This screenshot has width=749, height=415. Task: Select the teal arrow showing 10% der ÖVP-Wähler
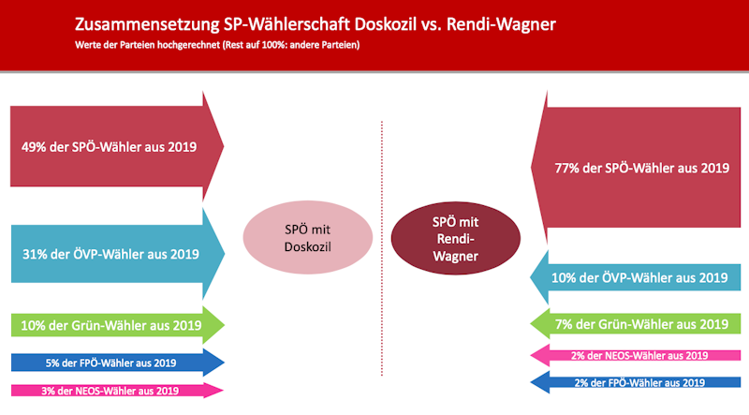(637, 277)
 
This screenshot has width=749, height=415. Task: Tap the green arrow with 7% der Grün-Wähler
(637, 325)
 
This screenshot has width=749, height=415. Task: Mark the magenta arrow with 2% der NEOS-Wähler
(637, 355)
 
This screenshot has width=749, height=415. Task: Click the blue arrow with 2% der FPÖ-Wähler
(637, 382)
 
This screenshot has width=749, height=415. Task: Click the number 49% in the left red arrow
(36, 145)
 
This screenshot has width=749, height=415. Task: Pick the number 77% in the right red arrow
(569, 169)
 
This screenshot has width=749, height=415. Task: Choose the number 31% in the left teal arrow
(36, 253)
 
